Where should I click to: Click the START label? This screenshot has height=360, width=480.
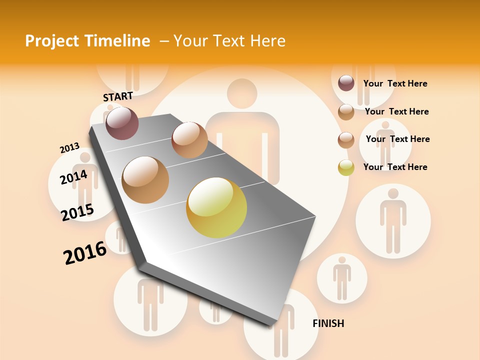[x=118, y=96]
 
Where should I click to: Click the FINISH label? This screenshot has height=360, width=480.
[x=328, y=323]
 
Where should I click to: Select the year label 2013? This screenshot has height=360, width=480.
[x=69, y=148]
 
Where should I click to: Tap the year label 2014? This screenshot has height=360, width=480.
[x=73, y=177]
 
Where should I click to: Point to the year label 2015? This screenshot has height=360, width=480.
[x=77, y=212]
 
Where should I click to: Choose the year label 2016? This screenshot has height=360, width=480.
[x=85, y=252]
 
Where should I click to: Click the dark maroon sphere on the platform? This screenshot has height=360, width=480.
[x=122, y=123]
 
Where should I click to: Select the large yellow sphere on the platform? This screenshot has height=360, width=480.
[x=216, y=207]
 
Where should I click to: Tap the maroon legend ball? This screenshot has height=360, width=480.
[x=346, y=83]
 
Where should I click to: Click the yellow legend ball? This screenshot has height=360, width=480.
[x=346, y=167]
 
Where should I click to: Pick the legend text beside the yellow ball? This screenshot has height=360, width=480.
[x=395, y=167]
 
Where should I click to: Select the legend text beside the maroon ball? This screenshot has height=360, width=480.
[x=395, y=83]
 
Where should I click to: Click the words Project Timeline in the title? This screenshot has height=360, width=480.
[x=87, y=41]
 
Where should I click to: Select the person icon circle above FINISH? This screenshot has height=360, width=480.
[x=342, y=278]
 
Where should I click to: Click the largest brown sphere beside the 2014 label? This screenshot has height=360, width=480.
[x=145, y=180]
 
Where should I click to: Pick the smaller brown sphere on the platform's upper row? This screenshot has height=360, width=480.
[x=189, y=140]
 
